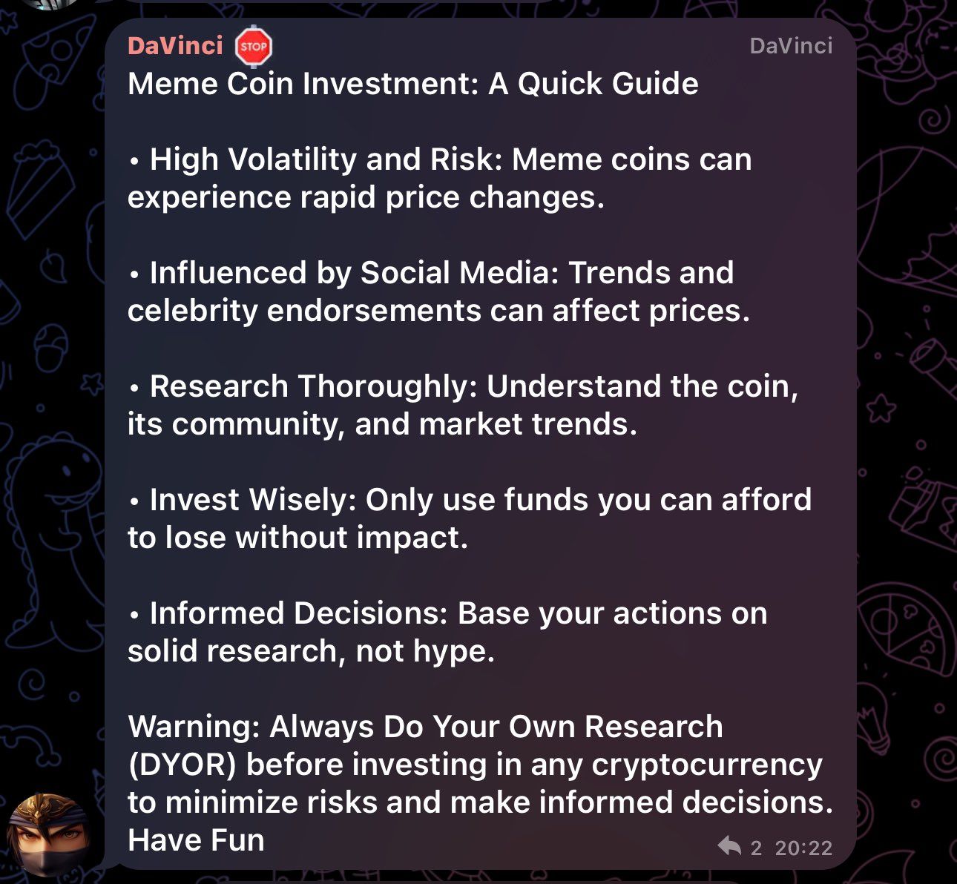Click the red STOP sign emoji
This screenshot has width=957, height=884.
click(x=254, y=46)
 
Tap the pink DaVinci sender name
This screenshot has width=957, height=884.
click(x=175, y=46)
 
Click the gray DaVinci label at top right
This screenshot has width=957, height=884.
click(x=791, y=46)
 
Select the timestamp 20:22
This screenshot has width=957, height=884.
click(x=803, y=848)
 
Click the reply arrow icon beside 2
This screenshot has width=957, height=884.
click(x=729, y=846)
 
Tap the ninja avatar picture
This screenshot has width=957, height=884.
click(x=48, y=834)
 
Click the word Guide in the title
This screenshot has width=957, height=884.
click(x=655, y=84)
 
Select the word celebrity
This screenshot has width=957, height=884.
click(x=193, y=311)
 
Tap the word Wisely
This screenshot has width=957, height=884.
click(x=303, y=500)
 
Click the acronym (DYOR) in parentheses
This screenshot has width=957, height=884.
click(x=182, y=765)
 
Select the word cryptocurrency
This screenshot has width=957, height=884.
click(x=707, y=765)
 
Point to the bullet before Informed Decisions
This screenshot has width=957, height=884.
click(x=135, y=615)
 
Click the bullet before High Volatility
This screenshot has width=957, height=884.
click(x=135, y=161)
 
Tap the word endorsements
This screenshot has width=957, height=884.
click(x=374, y=311)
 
